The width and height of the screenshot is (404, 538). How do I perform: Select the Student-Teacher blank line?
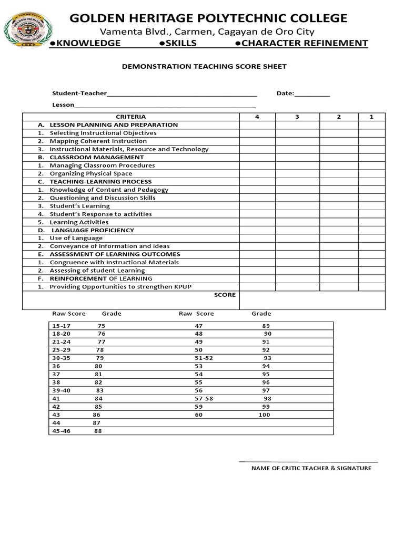click(181, 95)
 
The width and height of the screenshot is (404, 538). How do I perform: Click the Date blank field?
click(312, 95)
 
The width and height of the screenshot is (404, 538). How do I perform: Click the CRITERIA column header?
click(130, 117)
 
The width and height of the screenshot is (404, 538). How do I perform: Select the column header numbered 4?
click(257, 117)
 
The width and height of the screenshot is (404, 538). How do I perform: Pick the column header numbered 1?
click(371, 117)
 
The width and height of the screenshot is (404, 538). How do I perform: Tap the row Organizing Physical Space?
click(90, 173)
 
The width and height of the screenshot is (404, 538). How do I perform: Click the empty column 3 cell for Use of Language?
click(297, 238)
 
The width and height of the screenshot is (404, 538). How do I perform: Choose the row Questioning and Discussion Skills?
click(102, 198)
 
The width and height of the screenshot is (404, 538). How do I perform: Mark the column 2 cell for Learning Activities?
click(339, 222)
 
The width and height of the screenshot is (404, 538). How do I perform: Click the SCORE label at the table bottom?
click(225, 295)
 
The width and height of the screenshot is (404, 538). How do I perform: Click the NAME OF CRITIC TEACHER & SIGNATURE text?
click(311, 468)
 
